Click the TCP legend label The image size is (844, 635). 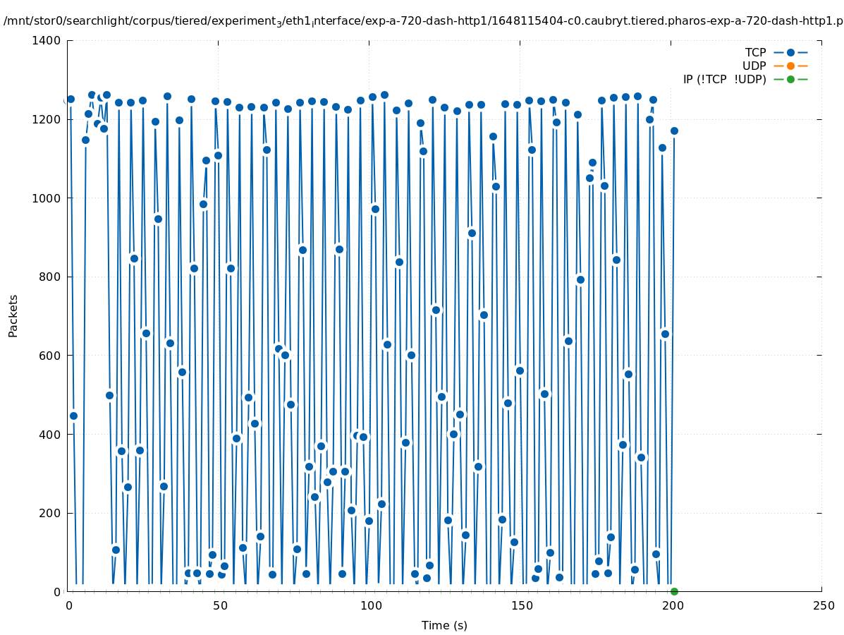pos(755,52)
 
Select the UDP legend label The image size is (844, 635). pos(754,66)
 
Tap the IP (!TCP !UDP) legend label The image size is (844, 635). pos(724,79)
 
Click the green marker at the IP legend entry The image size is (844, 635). pos(790,79)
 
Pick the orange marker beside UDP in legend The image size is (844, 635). pos(790,66)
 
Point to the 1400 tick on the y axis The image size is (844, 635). pos(46,40)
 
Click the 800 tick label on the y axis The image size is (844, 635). pos(51,277)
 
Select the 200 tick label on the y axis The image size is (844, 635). pos(51,513)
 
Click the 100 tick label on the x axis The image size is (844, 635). pos(370,605)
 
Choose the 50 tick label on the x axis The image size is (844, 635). pos(220,605)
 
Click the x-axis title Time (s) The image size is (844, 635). pos(444,625)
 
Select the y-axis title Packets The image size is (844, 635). pos(13,315)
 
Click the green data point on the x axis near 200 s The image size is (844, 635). pos(674,591)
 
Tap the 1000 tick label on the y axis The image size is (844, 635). pos(47,198)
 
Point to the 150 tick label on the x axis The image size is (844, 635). pos(521,605)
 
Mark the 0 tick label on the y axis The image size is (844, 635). pos(57,591)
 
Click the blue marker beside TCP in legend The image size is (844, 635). pos(790,52)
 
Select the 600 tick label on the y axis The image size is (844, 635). pos(51,356)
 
